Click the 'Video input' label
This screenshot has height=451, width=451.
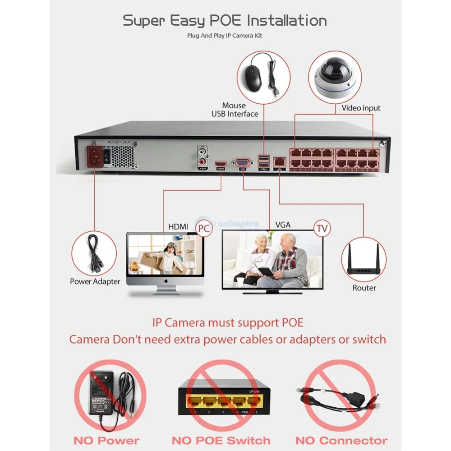[361, 108]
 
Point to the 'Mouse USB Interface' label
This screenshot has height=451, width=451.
[235, 110]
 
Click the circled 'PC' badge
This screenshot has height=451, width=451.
[204, 228]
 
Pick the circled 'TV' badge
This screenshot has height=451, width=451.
[322, 229]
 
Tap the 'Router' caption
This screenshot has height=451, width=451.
[364, 288]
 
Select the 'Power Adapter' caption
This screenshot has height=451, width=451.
[95, 282]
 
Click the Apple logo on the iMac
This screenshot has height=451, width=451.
[166, 281]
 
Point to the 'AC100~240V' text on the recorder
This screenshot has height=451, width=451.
[119, 142]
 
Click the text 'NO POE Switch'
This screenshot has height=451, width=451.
[221, 441]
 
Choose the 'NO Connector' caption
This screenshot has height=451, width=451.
[341, 441]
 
